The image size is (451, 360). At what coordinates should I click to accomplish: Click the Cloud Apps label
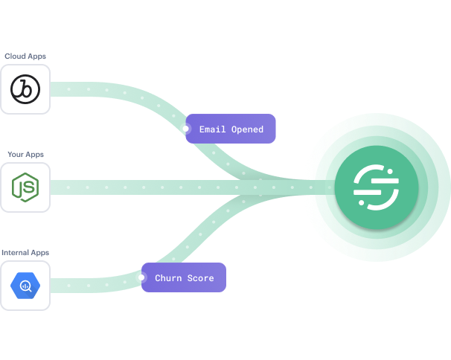click(x=25, y=56)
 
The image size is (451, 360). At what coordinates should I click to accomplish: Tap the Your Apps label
click(x=25, y=154)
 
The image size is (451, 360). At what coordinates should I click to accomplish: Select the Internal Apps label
click(x=25, y=252)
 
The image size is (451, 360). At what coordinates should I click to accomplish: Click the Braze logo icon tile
click(x=25, y=89)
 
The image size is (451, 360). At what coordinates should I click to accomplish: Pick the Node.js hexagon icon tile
click(x=25, y=187)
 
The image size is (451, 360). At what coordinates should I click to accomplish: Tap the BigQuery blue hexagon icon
click(x=25, y=286)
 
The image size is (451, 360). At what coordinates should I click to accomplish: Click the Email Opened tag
click(x=231, y=129)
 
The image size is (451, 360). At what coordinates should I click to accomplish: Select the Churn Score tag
click(x=184, y=278)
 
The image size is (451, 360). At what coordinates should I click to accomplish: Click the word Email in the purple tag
click(x=213, y=129)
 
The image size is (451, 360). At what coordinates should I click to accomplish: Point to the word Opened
click(x=247, y=129)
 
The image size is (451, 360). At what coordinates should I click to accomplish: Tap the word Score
click(x=199, y=278)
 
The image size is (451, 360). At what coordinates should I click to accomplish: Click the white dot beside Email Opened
click(x=185, y=129)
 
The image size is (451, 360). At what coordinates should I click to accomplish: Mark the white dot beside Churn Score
click(x=141, y=278)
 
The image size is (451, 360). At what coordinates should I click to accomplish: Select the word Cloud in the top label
click(x=15, y=56)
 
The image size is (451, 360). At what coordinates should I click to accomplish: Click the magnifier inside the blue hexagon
click(x=25, y=286)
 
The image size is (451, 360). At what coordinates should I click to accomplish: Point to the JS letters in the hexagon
click(x=26, y=188)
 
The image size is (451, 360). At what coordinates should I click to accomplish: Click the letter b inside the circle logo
click(x=25, y=89)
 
